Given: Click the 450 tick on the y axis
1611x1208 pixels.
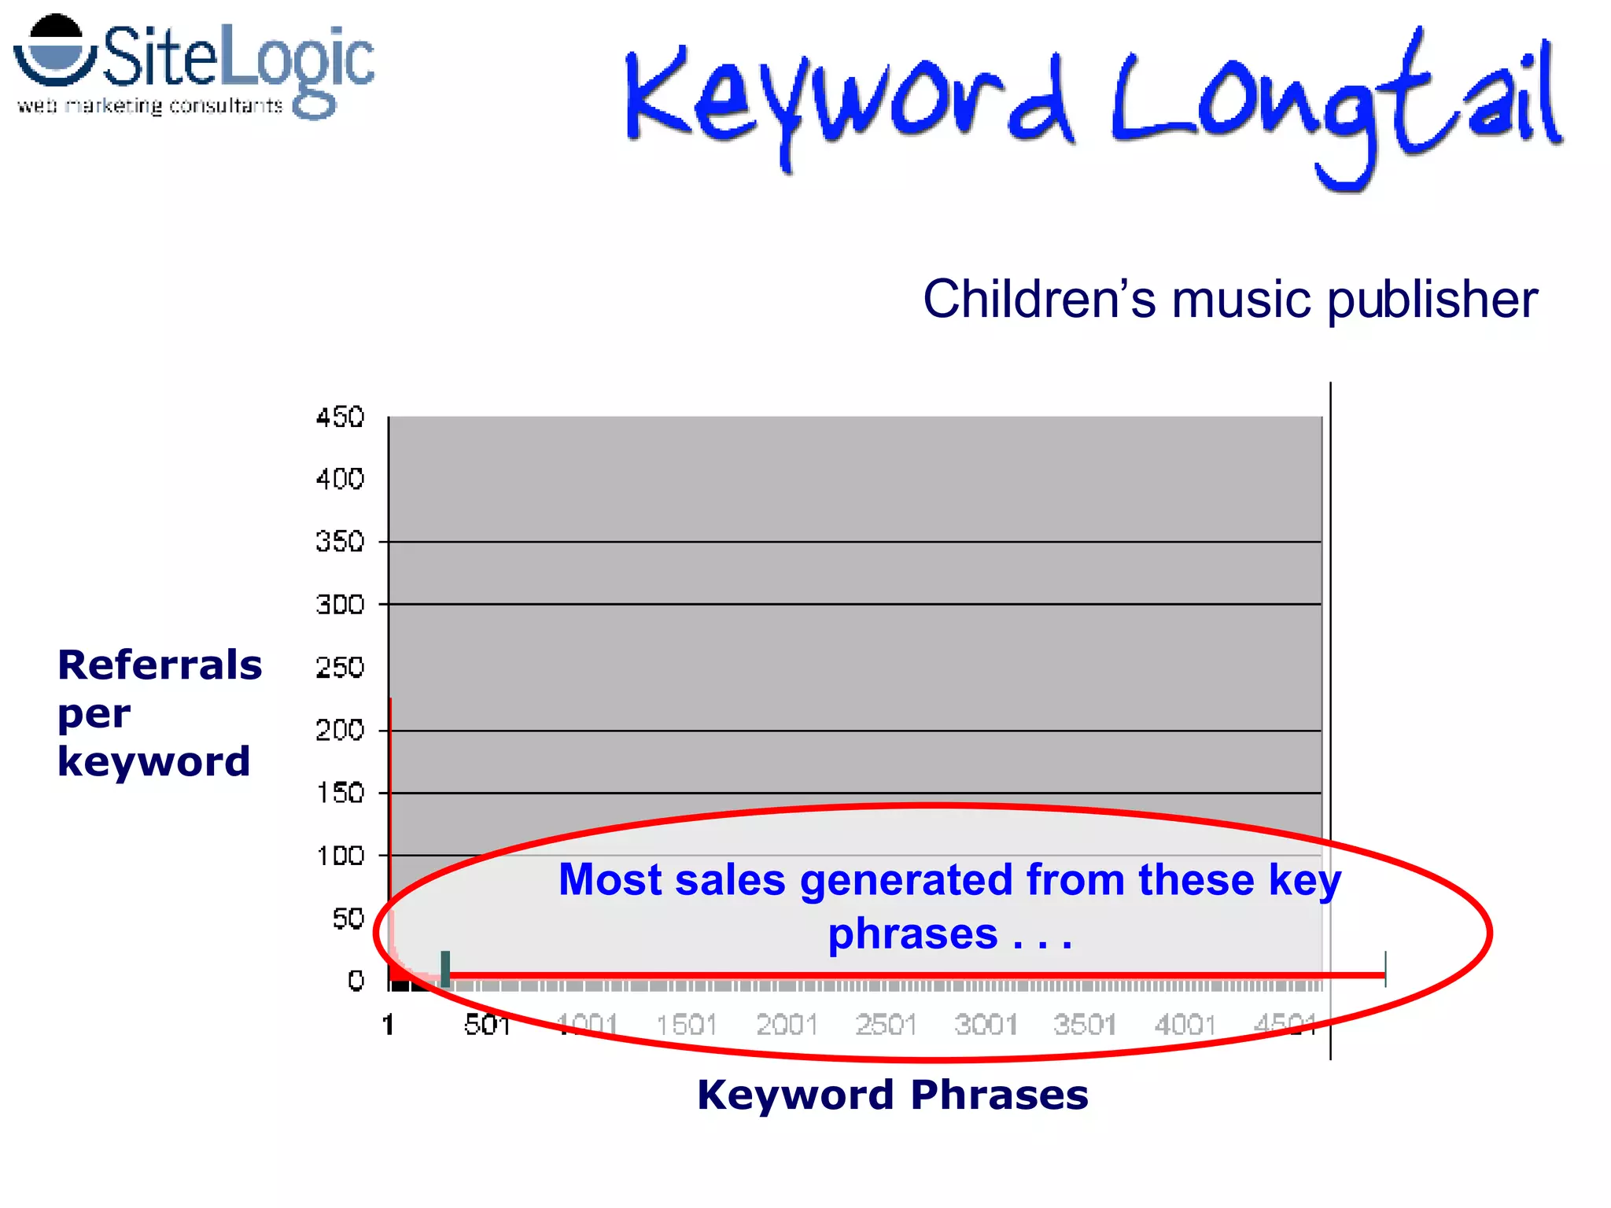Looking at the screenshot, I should point(340,417).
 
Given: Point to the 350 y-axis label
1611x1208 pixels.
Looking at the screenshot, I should point(340,542).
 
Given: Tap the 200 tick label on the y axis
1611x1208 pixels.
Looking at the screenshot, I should point(340,731).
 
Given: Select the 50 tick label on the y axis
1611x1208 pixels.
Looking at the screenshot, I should point(348,919).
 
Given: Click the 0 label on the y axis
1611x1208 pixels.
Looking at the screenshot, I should point(356,981).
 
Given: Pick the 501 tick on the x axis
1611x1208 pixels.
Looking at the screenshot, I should point(487,1025).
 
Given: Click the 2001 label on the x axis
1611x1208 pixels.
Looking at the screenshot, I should point(786,1025).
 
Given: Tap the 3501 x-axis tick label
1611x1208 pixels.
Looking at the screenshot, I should point(1085,1025).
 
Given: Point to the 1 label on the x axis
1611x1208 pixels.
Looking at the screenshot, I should point(388,1025).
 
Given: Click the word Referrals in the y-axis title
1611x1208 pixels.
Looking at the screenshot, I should point(160,665).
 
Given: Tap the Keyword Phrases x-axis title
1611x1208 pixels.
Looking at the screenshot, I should point(893,1095).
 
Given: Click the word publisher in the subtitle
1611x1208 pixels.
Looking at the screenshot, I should point(1432,300).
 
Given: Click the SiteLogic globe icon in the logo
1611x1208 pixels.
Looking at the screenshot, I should point(55,51).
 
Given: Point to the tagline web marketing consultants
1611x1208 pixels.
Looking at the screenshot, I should point(149,105).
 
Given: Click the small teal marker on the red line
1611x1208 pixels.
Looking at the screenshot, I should point(445,968).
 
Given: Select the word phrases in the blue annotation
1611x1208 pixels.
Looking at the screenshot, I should point(912,934).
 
